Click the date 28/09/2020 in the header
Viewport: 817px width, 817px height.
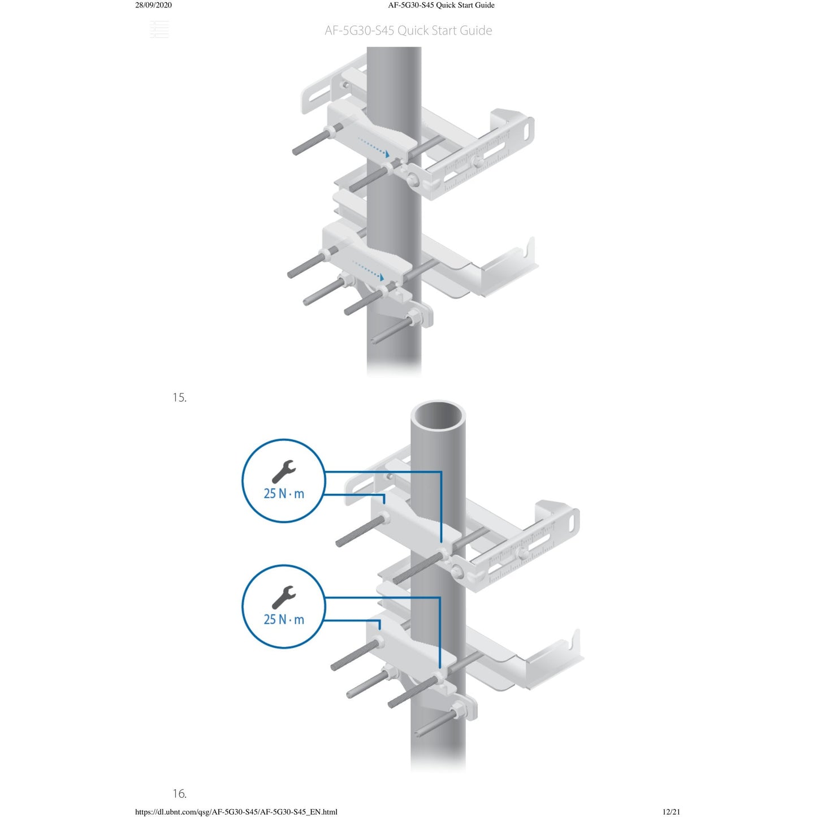click(x=153, y=5)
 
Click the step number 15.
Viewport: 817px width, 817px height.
click(x=179, y=397)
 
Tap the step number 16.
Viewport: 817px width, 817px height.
click(x=179, y=793)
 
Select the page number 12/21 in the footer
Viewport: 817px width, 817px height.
click(x=671, y=811)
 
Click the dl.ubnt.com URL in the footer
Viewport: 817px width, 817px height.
click(x=236, y=811)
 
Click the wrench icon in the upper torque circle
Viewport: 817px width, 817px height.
click(x=283, y=472)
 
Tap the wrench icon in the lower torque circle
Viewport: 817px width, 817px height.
click(x=283, y=598)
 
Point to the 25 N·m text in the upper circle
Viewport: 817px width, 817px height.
click(x=284, y=494)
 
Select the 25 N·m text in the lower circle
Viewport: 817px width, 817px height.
click(x=284, y=620)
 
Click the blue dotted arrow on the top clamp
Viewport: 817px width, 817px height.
click(x=374, y=146)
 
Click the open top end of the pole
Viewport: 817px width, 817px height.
click(x=438, y=416)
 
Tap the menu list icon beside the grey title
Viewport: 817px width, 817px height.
click(x=159, y=29)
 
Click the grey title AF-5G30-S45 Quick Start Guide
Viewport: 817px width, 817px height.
click(x=408, y=31)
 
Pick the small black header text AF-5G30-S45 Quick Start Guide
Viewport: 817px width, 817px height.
click(x=442, y=5)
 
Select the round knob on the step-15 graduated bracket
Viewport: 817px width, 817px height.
click(x=523, y=553)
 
